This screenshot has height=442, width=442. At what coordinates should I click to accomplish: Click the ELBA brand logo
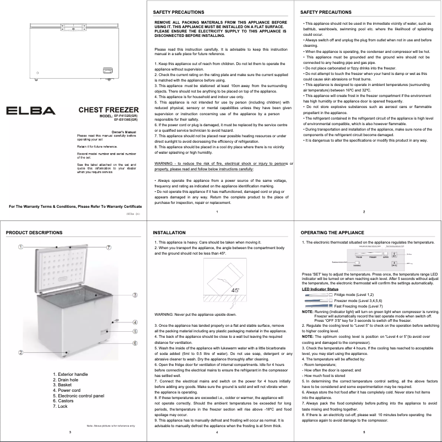point(30,110)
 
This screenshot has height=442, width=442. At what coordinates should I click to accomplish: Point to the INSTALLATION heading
point(169,233)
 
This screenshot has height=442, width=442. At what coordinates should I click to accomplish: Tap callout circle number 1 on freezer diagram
point(20,246)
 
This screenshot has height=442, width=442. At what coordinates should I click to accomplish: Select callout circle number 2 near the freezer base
point(20,352)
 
